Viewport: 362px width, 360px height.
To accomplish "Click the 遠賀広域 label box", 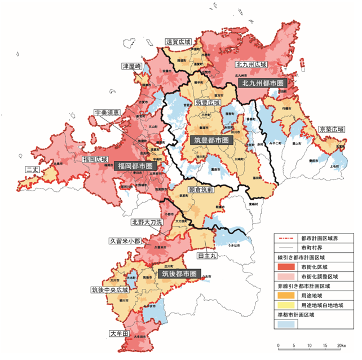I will tap(179, 42).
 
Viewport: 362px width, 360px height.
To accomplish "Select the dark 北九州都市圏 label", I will tap(262, 83).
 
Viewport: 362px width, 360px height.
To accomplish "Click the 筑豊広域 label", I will tap(208, 103).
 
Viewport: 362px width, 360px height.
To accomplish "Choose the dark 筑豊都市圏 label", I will tap(209, 139).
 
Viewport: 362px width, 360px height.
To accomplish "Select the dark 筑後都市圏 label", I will tap(179, 273).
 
